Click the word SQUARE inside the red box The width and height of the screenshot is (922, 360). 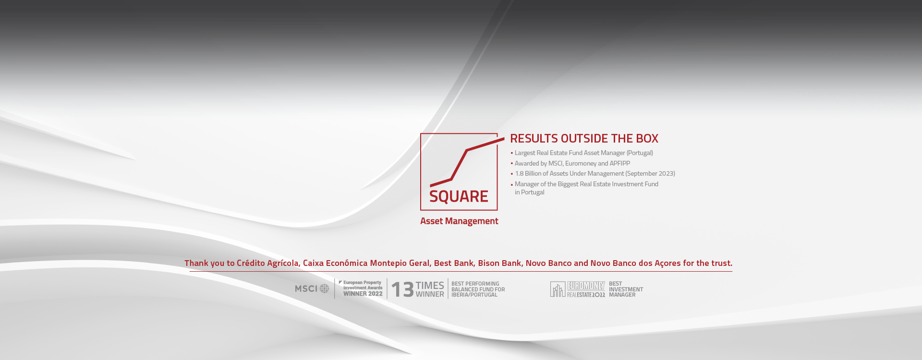459,196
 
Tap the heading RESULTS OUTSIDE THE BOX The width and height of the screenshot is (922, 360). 584,138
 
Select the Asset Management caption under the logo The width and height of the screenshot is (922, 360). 459,221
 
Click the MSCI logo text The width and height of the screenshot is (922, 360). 306,288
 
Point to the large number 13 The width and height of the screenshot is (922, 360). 402,289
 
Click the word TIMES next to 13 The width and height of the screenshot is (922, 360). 430,285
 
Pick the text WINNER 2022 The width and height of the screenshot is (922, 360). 363,294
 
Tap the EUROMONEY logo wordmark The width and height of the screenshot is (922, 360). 586,286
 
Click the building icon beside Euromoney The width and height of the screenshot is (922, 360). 558,289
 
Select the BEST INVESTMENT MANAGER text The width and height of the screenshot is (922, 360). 626,289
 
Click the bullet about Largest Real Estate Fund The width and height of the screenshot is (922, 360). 583,153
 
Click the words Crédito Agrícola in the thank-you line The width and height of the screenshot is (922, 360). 267,263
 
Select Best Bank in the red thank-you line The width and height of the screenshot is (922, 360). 454,263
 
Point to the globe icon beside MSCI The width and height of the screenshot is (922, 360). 325,288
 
